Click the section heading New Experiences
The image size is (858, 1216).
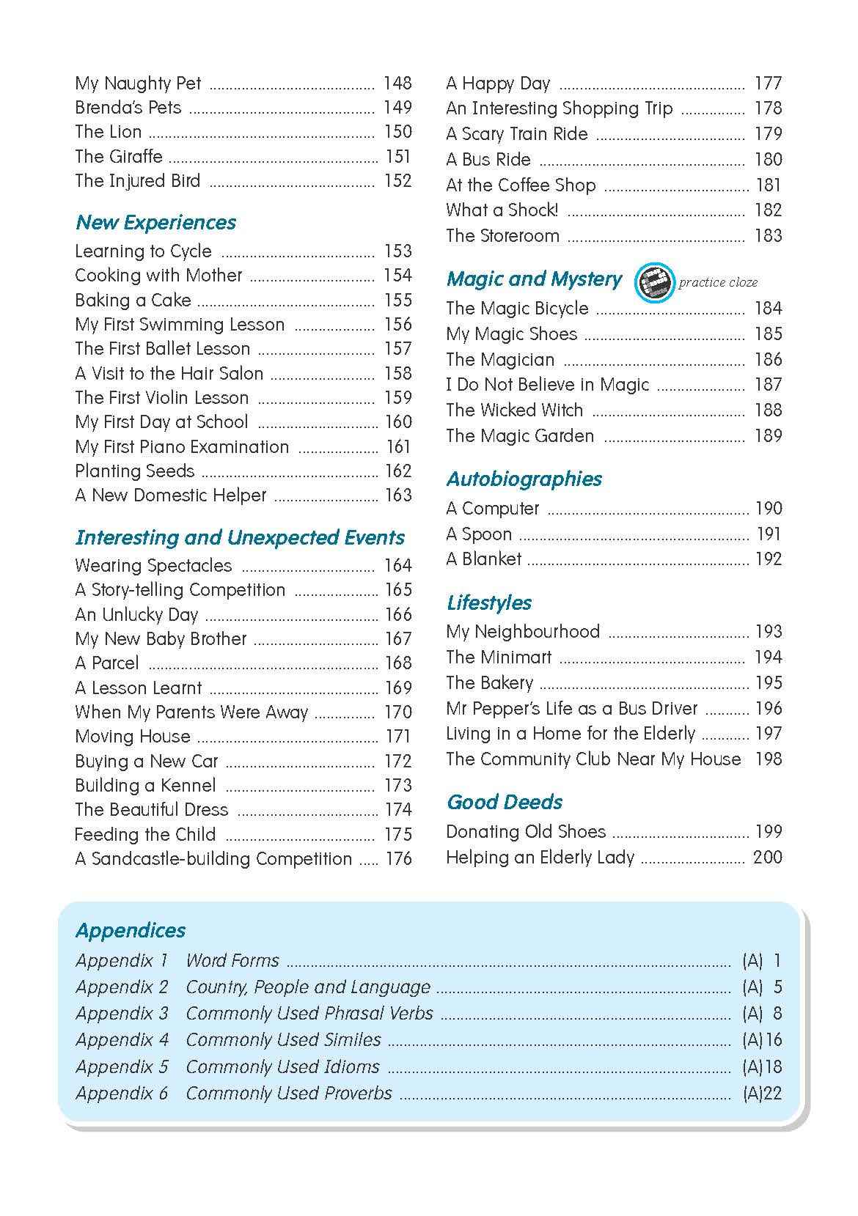pos(155,222)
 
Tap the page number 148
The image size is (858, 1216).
pos(397,83)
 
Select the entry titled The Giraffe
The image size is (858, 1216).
pos(119,156)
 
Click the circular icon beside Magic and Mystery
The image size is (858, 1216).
pos(653,281)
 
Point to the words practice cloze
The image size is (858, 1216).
pos(718,282)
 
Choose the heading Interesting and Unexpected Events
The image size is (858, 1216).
pos(240,537)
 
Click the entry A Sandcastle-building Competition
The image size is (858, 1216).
pos(213,858)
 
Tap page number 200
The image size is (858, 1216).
pos(767,857)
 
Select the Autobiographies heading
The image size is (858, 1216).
pos(524,479)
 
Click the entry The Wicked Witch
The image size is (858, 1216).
pos(514,410)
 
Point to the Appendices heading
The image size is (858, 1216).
pos(131,930)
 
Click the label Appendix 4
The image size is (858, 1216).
pos(122,1039)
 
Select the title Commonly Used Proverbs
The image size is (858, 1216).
pos(289,1093)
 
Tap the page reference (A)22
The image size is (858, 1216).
pos(762,1094)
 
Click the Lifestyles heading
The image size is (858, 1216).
pos(489,603)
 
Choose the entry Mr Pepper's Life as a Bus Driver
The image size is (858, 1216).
pos(571,708)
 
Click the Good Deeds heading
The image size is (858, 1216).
pos(505,802)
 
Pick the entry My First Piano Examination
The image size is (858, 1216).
pos(182,446)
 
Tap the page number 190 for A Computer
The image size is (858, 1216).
pos(769,508)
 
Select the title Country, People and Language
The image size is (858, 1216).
pos(308,987)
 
